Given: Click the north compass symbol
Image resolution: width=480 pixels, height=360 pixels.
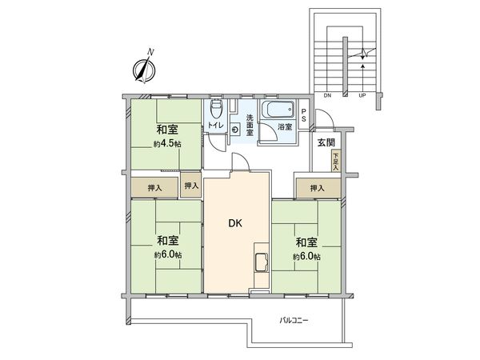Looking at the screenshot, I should tap(145, 70).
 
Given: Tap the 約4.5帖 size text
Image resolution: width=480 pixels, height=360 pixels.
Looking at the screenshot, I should tap(166, 145).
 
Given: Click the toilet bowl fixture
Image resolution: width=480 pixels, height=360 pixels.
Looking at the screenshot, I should tap(215, 110).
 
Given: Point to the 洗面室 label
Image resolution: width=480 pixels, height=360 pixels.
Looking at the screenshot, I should tap(250, 125).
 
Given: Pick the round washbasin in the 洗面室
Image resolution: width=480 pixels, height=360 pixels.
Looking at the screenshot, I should tap(234, 129).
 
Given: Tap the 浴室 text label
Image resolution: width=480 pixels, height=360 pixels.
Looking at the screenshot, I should tap(284, 126).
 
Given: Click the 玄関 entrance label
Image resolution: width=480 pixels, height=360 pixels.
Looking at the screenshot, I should tap(326, 142).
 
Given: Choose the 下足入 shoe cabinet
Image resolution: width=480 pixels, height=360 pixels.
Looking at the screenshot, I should tap(336, 160).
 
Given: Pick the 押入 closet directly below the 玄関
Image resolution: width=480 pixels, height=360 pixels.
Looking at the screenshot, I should tap(318, 188).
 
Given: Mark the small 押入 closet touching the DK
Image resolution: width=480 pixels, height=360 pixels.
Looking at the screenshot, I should tap(191, 186).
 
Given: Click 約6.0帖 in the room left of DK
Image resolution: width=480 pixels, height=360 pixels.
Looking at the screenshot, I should tap(166, 255).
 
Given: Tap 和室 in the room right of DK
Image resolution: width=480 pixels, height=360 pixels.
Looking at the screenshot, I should tap(306, 241).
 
